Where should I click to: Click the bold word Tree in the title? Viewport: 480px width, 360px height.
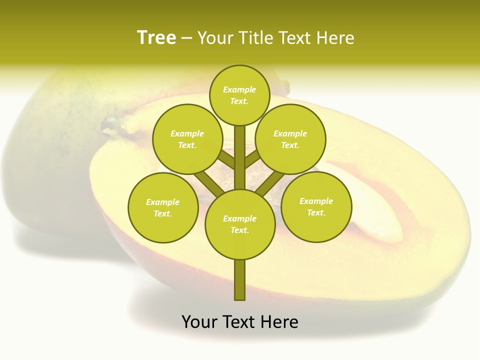click(x=156, y=38)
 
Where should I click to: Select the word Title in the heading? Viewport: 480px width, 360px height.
click(x=256, y=38)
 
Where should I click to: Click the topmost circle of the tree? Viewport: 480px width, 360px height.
click(x=239, y=95)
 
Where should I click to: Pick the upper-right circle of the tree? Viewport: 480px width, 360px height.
click(x=290, y=139)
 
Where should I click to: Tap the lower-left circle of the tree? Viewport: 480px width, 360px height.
click(x=162, y=207)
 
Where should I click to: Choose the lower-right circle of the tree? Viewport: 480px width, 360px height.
click(x=316, y=206)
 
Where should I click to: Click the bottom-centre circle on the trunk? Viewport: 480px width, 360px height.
click(x=240, y=224)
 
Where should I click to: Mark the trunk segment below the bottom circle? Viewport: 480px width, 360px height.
click(x=240, y=280)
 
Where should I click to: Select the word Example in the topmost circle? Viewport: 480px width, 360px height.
click(x=239, y=89)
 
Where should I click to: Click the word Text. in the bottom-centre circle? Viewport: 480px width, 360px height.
click(x=239, y=230)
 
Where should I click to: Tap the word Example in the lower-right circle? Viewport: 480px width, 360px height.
click(x=316, y=201)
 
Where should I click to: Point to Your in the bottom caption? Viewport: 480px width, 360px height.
click(x=199, y=322)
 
